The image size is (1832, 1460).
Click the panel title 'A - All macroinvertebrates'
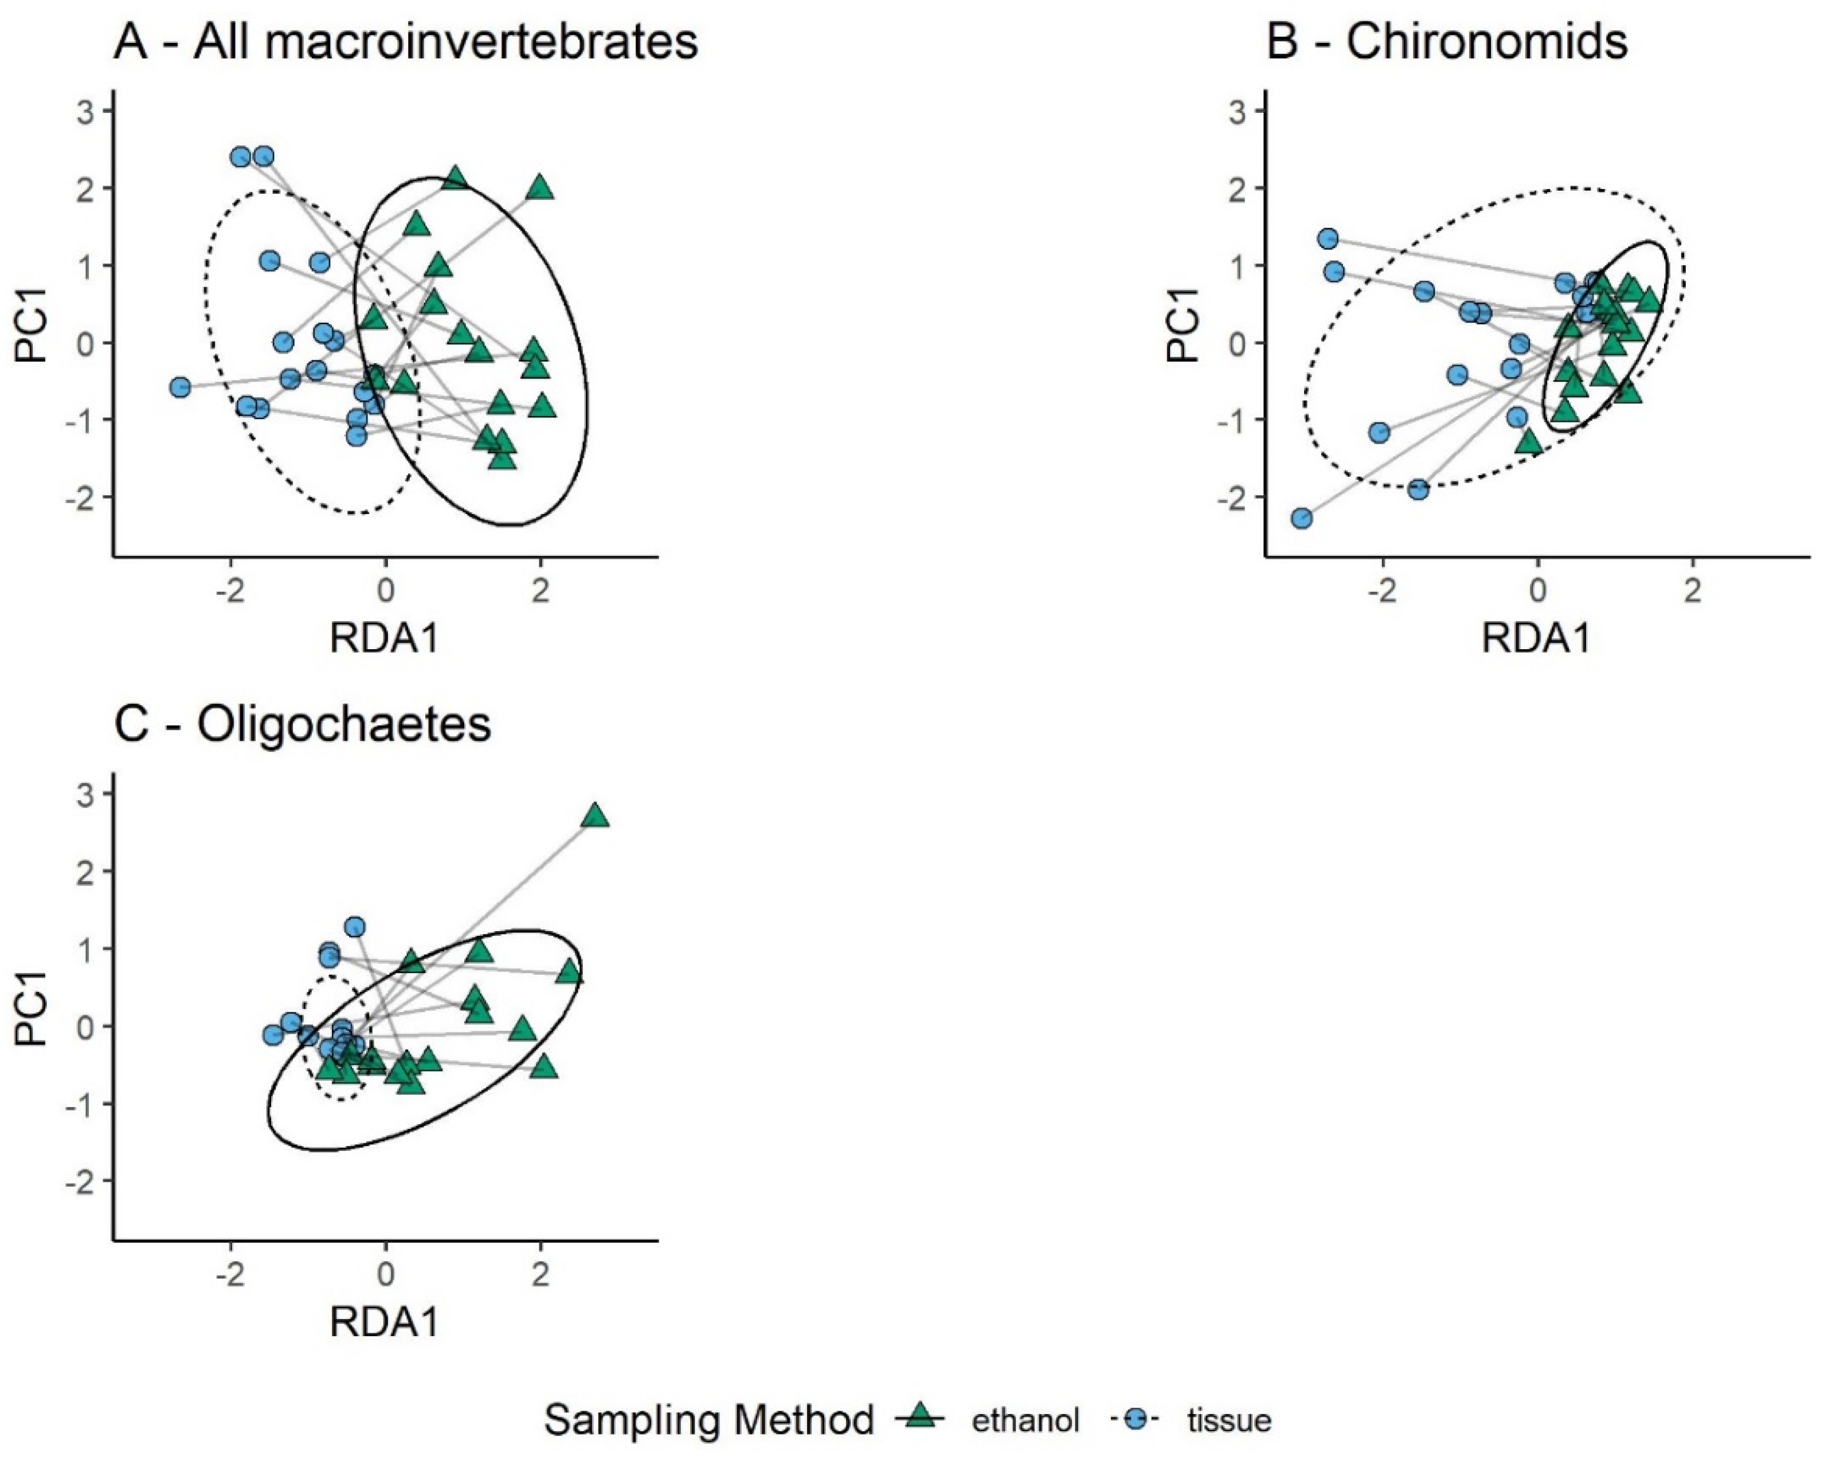(405, 41)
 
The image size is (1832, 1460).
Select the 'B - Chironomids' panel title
(1446, 41)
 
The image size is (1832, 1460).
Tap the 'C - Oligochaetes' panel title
(303, 724)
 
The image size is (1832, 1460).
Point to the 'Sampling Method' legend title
(708, 1419)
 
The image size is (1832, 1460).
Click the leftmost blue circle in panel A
(180, 387)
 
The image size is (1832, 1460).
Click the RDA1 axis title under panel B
(1536, 638)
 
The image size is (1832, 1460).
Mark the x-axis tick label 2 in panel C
(541, 1275)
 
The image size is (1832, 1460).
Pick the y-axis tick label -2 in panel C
(83, 1182)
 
